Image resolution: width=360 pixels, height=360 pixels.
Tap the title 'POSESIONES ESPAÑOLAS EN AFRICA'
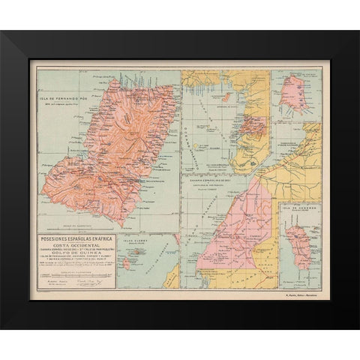point(73,239)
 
